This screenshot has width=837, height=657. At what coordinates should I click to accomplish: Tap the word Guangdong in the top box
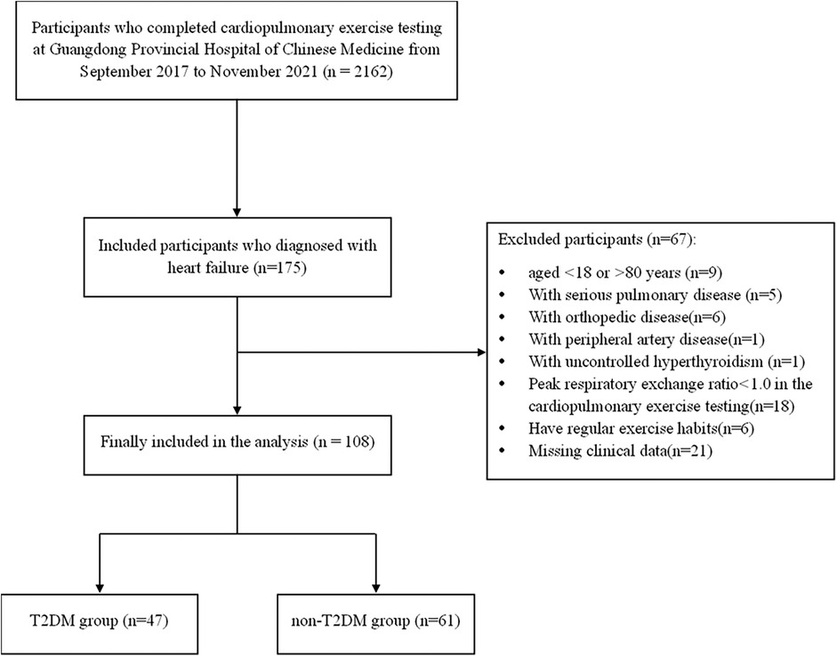(87, 49)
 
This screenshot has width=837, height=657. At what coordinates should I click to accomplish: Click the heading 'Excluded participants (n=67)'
(597, 239)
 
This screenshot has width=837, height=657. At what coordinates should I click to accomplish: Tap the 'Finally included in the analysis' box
(237, 445)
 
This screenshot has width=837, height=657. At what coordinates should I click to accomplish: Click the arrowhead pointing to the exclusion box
(481, 353)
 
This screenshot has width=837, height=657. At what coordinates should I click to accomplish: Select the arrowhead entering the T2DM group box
(100, 588)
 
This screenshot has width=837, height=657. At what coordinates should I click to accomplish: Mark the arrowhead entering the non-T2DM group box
(375, 588)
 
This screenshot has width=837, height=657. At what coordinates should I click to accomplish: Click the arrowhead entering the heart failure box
(237, 212)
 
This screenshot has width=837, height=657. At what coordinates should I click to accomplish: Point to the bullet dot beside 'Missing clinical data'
(502, 451)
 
